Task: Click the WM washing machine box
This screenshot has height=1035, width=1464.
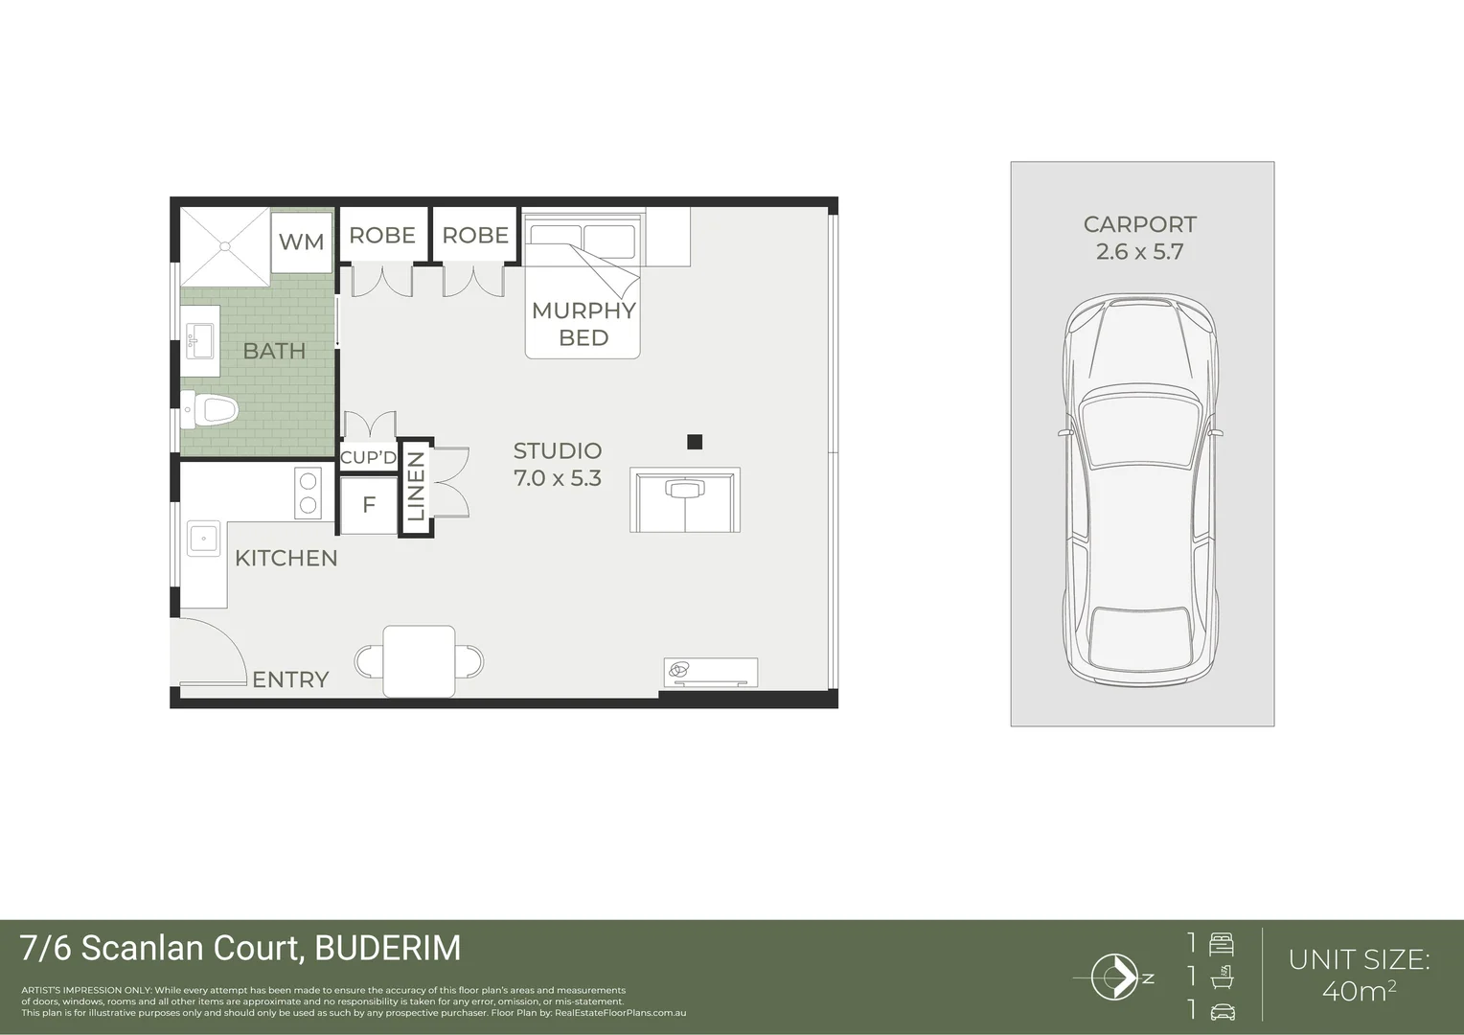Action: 301,241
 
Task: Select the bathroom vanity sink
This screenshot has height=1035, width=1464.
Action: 201,338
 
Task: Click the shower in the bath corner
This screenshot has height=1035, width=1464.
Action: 225,247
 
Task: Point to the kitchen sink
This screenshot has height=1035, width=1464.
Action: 203,539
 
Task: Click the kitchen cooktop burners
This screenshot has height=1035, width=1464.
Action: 308,493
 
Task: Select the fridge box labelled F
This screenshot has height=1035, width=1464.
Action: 369,505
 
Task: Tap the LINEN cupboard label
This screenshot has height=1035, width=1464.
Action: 416,488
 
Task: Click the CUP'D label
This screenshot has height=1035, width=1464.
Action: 368,457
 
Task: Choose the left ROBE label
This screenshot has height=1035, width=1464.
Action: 382,235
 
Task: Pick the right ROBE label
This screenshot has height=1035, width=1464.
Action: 475,235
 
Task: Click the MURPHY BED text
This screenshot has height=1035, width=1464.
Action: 583,324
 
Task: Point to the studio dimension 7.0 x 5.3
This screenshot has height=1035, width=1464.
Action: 558,477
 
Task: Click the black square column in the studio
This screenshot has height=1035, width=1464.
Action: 695,442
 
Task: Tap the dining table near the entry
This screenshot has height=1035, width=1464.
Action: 419,660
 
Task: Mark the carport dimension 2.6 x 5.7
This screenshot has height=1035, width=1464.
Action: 1139,252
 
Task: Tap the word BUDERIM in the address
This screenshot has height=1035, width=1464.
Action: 388,948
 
